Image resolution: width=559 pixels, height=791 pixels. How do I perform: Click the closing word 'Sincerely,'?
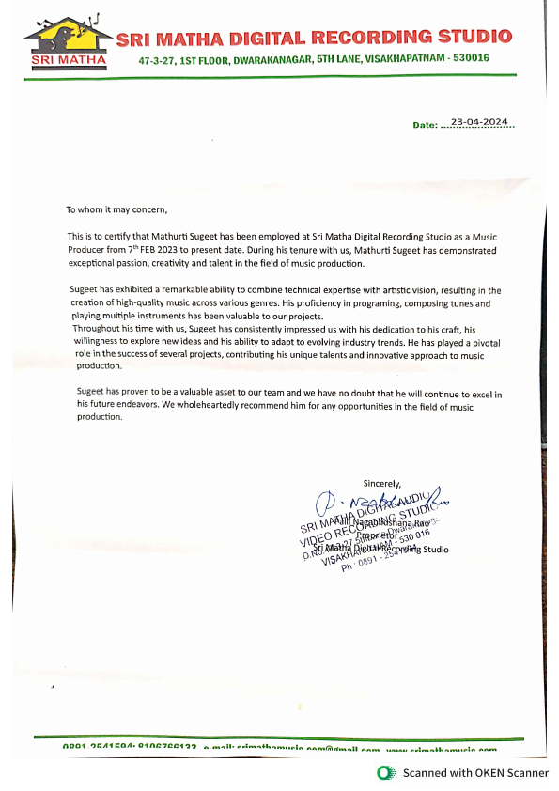click(382, 483)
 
